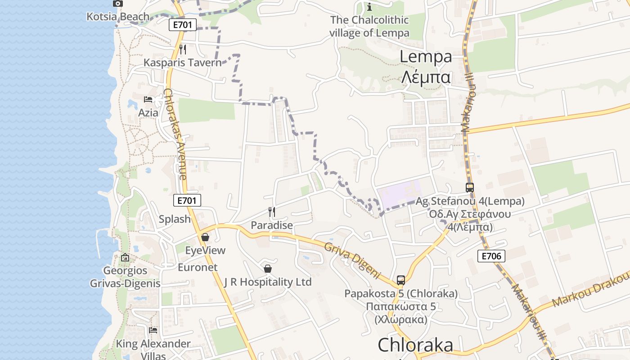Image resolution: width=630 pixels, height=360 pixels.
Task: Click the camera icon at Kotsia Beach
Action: [117, 4]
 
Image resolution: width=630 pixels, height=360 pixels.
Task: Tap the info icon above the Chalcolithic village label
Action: [369, 7]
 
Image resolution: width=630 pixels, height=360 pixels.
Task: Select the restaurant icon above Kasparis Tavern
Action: [183, 49]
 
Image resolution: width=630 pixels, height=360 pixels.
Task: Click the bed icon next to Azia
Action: [148, 99]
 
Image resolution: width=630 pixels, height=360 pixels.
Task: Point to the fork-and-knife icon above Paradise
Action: [271, 211]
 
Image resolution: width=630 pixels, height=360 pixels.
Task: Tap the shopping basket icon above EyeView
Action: [205, 237]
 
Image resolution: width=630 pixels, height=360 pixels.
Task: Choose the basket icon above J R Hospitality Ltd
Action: [268, 269]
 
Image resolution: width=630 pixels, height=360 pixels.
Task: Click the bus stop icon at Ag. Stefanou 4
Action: [470, 188]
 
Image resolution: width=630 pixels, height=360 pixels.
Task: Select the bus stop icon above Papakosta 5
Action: [401, 280]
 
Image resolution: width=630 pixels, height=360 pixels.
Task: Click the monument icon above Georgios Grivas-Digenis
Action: [125, 258]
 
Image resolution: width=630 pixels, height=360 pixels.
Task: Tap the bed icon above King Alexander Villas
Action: [153, 330]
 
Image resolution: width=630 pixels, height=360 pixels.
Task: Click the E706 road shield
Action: [491, 256]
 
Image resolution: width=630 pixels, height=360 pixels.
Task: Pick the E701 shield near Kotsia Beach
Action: [183, 25]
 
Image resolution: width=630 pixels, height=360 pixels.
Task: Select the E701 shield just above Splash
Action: [187, 201]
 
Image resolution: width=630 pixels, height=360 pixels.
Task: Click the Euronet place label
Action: [198, 267]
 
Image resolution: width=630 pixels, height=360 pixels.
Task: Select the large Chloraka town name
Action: [415, 345]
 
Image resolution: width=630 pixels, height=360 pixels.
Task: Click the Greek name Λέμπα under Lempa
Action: [425, 77]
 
